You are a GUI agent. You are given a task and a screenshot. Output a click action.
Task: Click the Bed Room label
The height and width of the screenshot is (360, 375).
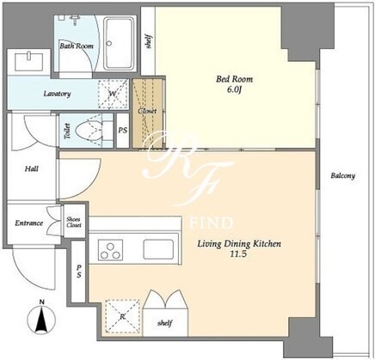234,79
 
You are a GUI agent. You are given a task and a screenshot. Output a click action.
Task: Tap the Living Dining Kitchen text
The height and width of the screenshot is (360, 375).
239,244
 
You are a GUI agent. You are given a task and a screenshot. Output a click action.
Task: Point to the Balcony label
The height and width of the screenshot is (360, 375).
343,175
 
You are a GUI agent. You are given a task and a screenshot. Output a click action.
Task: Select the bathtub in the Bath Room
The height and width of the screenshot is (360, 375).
119,44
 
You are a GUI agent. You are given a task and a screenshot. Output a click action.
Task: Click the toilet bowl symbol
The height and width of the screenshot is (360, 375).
89,131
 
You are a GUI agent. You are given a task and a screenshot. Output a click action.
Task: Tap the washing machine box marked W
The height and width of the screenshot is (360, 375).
113,94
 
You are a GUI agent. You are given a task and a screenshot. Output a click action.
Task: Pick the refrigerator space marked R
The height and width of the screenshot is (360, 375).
122,316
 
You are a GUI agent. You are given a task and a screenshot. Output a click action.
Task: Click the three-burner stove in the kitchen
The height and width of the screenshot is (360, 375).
110,250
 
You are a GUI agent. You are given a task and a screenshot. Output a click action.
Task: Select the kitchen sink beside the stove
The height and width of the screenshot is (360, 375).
158,250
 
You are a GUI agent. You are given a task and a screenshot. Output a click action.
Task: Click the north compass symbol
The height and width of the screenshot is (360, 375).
42,317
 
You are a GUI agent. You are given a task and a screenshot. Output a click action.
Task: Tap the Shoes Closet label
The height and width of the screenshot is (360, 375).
74,222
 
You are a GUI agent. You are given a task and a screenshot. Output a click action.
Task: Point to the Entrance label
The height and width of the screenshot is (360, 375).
29,223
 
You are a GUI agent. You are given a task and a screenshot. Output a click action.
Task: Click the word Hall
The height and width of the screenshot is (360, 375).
31,168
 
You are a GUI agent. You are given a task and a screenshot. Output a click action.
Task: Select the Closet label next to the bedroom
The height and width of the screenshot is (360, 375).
147,111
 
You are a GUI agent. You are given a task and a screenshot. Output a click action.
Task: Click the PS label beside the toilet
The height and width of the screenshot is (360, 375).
123,131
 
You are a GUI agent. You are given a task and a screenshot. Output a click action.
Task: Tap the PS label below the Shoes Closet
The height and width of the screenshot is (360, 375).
79,272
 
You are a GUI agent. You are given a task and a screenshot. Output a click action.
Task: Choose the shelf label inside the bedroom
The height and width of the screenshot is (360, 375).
149,41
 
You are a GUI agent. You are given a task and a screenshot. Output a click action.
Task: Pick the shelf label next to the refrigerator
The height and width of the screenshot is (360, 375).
165,323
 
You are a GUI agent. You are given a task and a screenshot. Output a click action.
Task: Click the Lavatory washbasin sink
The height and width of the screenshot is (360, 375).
28,61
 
